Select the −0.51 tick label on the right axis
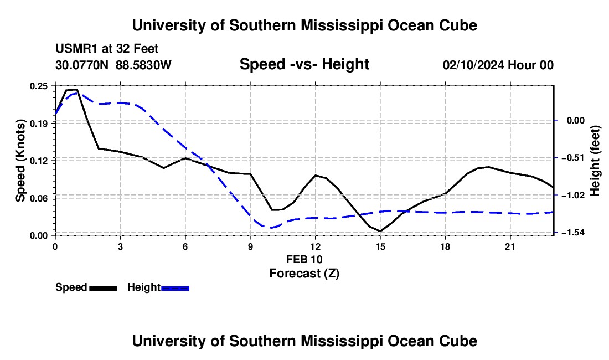coord(573,158)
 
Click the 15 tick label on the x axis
coord(380,246)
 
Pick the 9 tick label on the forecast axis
coord(250,246)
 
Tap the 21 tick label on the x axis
coord(510,246)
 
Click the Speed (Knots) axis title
coord(20,161)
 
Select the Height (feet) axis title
coord(595,161)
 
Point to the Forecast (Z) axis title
coord(304,274)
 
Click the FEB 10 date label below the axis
coord(304,259)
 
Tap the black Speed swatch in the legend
coord(104,289)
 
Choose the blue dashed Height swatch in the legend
coord(175,289)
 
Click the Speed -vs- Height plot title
coord(304,64)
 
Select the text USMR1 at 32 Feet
coord(107,49)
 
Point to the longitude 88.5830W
coord(143,65)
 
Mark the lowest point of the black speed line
coord(380,231)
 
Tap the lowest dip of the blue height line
coord(270,228)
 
